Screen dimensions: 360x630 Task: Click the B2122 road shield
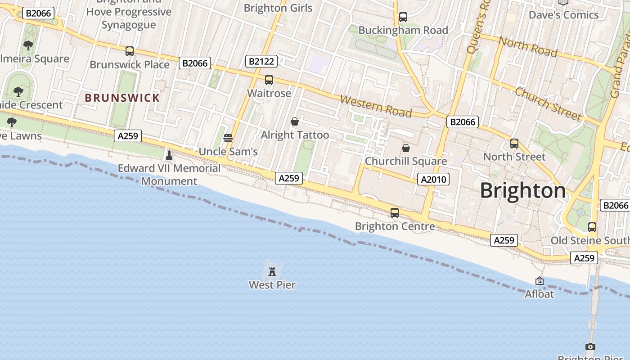(261, 61)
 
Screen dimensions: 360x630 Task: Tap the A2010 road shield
(433, 180)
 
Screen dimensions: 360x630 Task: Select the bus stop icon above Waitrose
(269, 80)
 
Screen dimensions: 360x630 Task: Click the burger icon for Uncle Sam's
(228, 138)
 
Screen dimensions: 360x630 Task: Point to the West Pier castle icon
(272, 271)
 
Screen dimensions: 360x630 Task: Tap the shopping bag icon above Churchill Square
(406, 148)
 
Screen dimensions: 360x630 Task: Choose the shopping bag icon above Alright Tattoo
(295, 121)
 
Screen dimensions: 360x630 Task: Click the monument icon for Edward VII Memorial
(169, 155)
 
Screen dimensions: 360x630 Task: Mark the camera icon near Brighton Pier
(590, 346)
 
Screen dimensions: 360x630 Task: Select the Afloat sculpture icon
(540, 281)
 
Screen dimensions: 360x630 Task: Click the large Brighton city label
(523, 190)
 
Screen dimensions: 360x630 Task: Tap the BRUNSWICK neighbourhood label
(122, 98)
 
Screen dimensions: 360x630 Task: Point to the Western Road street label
(376, 106)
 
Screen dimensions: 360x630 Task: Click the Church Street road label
(548, 104)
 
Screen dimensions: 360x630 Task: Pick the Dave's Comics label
(563, 15)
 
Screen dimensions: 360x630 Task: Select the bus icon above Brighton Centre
(395, 213)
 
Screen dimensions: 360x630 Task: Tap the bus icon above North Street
(514, 144)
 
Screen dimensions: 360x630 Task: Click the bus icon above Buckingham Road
(403, 17)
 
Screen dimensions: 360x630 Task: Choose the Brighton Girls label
(278, 8)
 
